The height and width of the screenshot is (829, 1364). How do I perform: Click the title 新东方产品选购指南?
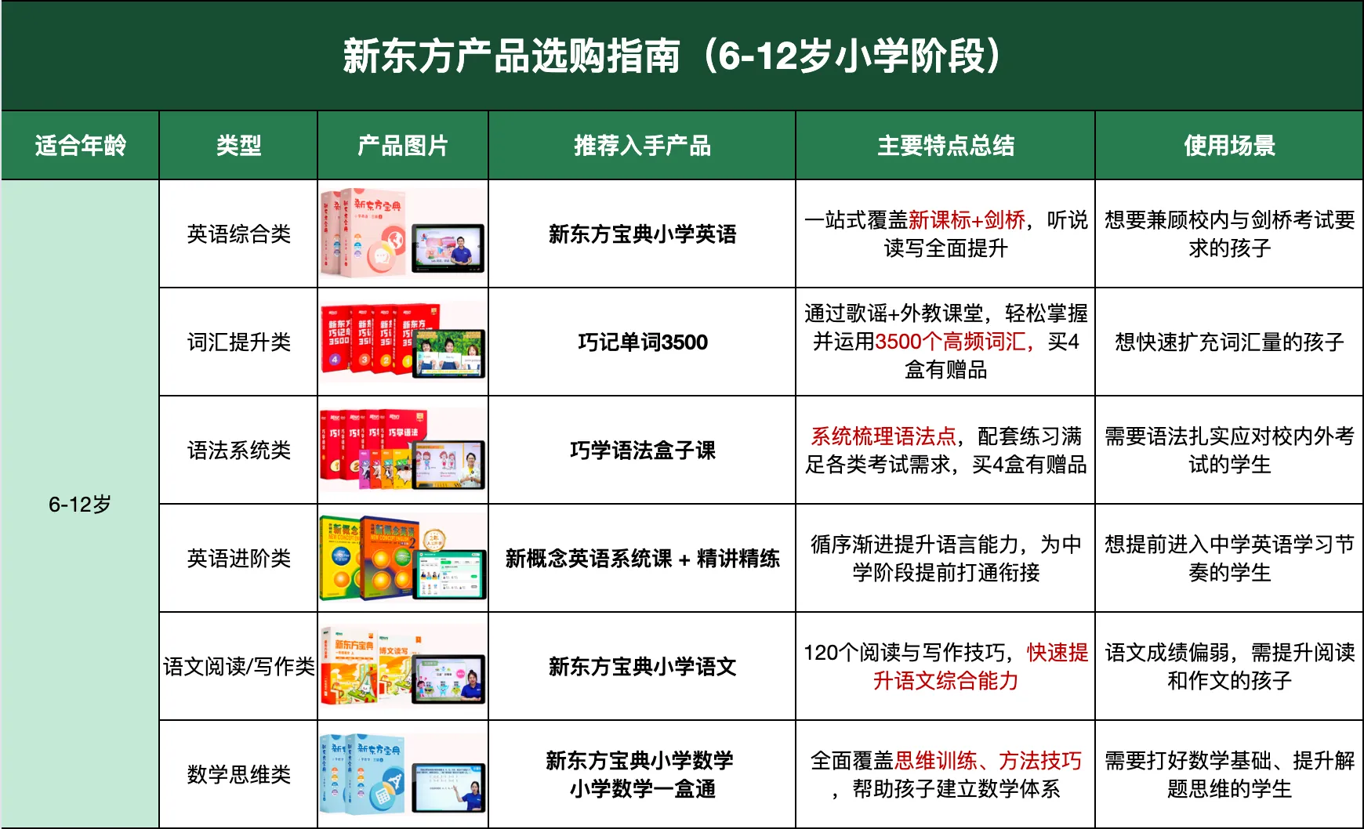pos(511,56)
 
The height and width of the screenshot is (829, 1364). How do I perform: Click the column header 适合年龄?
pos(80,146)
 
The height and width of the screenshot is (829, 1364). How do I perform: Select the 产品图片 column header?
pos(403,146)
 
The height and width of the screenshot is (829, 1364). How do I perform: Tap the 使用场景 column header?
pos(1229,146)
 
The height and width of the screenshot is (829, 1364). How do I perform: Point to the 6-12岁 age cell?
pos(80,504)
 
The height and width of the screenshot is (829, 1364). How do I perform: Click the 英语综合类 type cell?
pos(238,233)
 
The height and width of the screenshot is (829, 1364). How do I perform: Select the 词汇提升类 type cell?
pos(238,342)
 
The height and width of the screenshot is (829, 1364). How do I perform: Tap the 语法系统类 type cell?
pos(238,450)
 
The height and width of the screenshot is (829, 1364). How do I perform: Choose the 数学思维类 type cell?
pos(238,774)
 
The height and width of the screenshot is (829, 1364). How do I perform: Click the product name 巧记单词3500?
pos(642,342)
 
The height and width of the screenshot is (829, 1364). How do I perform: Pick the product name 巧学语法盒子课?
pos(642,450)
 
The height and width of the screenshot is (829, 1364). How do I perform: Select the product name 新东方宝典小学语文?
pos(642,666)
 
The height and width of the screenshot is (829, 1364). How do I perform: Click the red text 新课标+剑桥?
pos(967,219)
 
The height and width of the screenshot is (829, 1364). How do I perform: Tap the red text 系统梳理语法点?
pos(883,436)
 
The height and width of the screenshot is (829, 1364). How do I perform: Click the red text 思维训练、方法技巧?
pos(988,760)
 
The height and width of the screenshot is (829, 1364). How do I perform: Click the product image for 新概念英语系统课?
pos(403,558)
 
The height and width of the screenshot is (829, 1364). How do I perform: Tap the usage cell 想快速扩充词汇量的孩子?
pos(1229,342)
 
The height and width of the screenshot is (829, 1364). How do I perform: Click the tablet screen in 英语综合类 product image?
pos(448,248)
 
